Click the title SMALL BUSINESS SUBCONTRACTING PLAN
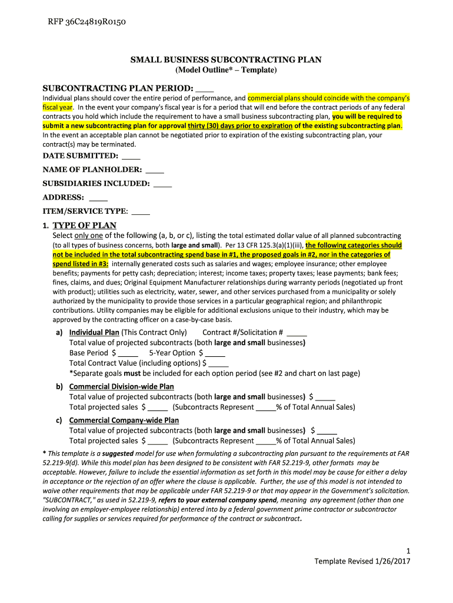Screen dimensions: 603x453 coord(226,60)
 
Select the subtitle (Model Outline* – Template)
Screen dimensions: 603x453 coord(226,70)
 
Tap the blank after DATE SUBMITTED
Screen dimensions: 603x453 coord(132,157)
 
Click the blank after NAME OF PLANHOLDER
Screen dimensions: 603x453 coord(155,170)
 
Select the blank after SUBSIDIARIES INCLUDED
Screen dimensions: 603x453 coord(162,184)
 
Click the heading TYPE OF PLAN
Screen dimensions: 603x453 coord(85,226)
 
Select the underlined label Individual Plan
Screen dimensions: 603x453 coord(94,332)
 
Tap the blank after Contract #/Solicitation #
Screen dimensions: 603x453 coord(298,333)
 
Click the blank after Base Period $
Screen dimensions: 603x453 coord(128,353)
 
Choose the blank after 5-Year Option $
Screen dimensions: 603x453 coord(215,353)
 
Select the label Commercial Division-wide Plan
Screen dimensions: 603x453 coord(121,387)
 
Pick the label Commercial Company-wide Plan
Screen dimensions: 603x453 coord(124,420)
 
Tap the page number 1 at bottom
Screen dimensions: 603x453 coord(408,551)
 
